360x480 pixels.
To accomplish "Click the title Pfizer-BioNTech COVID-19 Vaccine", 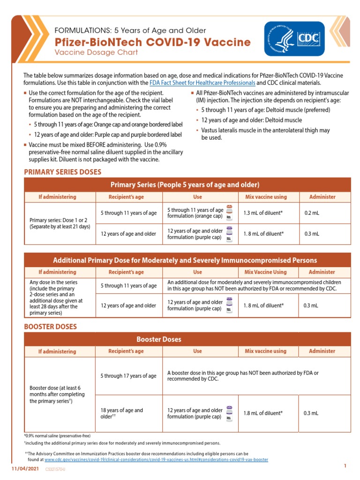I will coord(153,42).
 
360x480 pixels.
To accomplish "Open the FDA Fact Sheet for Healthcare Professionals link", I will coord(202,83).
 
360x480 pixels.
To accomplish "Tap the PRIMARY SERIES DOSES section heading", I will coord(62,172).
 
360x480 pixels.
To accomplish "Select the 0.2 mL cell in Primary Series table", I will coord(312,213).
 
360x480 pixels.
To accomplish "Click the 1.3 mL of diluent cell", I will coord(262,213).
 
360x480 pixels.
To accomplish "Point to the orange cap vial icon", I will coord(229,213).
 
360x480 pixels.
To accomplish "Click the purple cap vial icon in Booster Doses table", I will coord(229,413).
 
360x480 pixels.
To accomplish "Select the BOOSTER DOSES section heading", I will coord(50,327).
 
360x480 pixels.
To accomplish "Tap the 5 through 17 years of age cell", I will coord(128,376).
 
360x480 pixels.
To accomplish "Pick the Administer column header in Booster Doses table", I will coord(322,351).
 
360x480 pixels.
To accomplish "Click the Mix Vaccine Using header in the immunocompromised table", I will coord(266,272).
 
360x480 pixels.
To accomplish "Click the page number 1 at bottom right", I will coord(345,465).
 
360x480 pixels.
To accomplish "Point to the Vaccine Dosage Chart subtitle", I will coord(97,52).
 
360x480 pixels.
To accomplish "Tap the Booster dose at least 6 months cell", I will coord(55,395).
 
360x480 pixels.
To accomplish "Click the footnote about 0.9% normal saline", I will coord(57,435).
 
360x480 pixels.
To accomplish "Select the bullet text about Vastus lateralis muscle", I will coord(265,134).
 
